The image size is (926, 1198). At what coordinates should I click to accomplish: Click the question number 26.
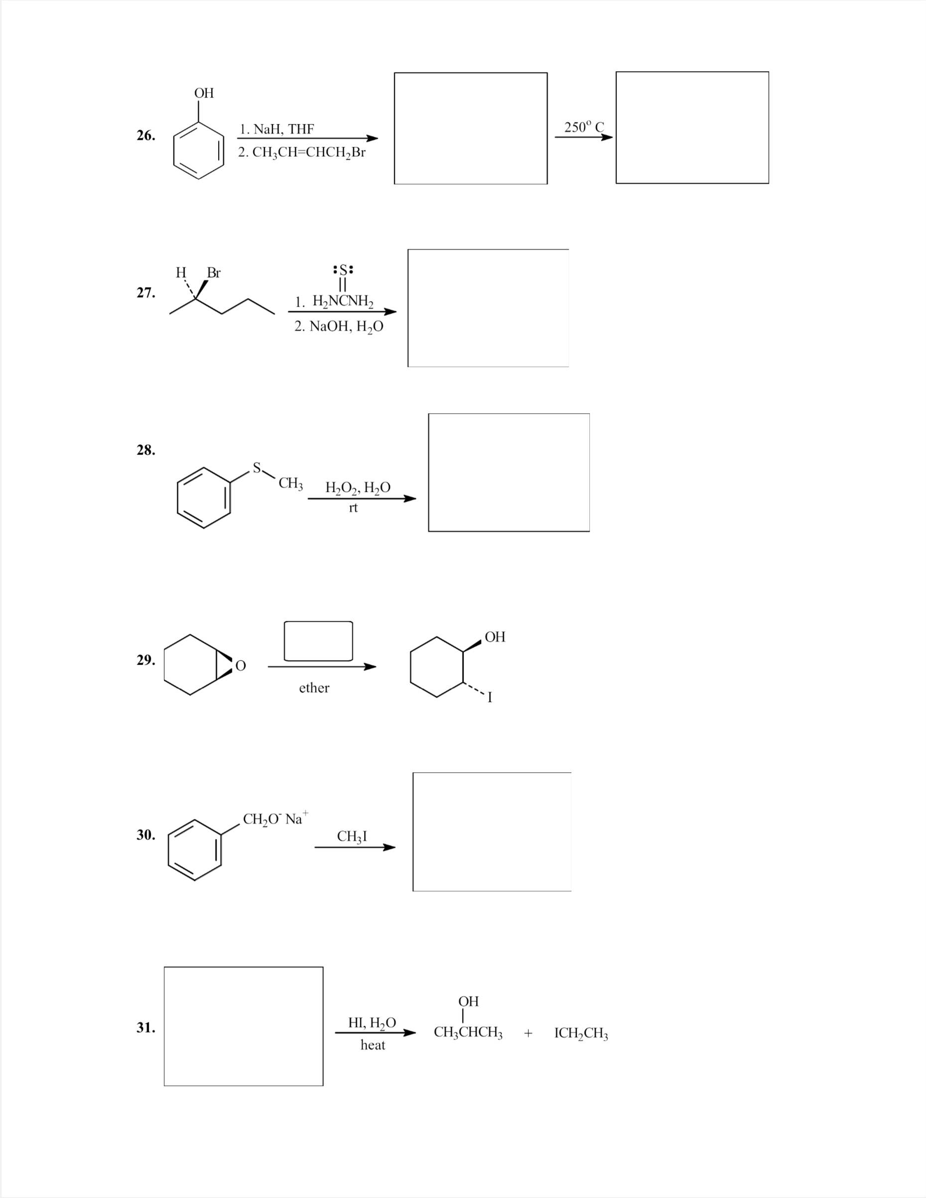tap(145, 135)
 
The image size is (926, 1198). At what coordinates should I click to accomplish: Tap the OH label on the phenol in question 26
tap(204, 93)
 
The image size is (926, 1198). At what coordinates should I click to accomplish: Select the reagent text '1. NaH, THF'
tap(277, 129)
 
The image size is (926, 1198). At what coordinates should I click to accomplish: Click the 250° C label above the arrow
tap(583, 127)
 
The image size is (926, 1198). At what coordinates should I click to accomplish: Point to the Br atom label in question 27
tap(214, 273)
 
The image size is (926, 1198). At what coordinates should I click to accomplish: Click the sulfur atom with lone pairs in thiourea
tap(343, 270)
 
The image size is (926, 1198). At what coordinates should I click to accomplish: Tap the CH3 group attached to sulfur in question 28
tap(290, 483)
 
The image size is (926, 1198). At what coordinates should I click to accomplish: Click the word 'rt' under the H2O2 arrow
tap(353, 507)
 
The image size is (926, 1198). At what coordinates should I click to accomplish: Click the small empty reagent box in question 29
tap(318, 641)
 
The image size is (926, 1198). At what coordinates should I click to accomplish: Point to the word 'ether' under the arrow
tap(314, 688)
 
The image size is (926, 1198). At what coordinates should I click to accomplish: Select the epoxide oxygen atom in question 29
tap(241, 666)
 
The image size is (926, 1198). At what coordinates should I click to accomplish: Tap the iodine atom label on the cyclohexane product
tap(490, 697)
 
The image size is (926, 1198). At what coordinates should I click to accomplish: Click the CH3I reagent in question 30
tap(352, 837)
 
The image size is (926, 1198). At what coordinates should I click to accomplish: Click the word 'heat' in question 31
tap(373, 1046)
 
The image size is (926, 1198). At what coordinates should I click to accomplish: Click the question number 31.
tap(145, 1028)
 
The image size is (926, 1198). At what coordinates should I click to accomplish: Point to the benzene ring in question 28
tap(204, 497)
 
